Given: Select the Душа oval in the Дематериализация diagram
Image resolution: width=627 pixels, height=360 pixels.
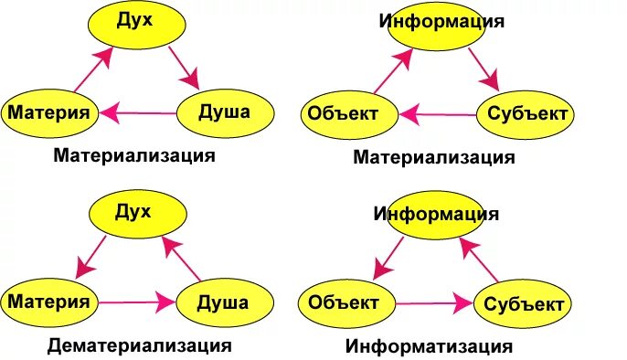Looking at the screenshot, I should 223,301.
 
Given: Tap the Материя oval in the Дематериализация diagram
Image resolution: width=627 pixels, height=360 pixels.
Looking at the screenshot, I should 49,300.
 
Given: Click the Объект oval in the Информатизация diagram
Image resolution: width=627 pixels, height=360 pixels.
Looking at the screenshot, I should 344,302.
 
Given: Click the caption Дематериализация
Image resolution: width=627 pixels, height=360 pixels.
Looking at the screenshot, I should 140,345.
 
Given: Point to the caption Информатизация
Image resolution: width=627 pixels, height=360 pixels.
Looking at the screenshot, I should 429,346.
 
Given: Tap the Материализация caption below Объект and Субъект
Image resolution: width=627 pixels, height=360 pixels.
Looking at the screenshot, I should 434,157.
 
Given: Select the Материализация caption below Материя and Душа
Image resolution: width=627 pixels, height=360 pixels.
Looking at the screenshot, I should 134,155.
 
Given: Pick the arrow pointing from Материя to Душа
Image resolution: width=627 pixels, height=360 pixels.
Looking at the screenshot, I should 137,301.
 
